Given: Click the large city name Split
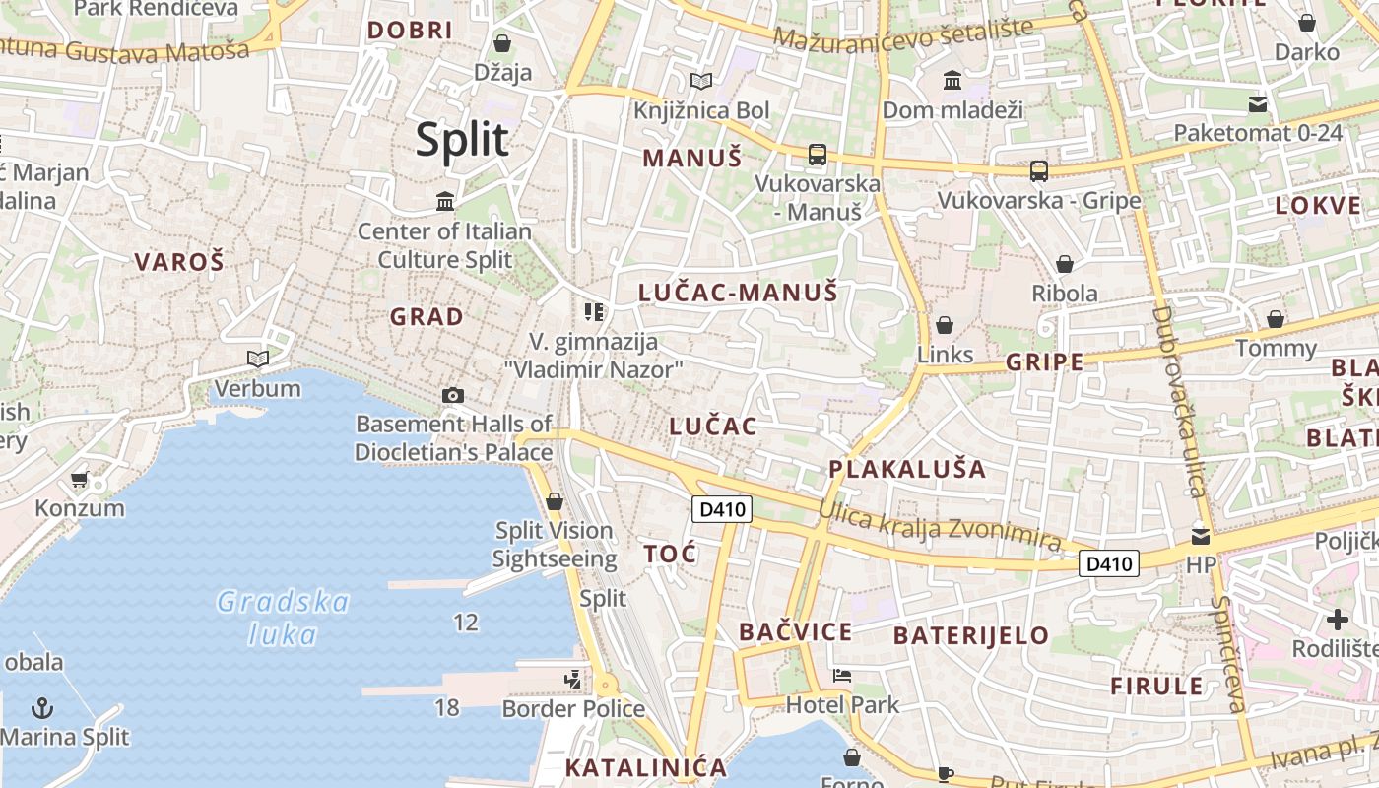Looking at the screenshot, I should pyautogui.click(x=462, y=140).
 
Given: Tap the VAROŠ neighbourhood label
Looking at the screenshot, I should pyautogui.click(x=179, y=262).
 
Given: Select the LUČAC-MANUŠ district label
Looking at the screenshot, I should pyautogui.click(x=738, y=293).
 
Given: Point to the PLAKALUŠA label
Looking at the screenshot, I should pyautogui.click(x=907, y=469).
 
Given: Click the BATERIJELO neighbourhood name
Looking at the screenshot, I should pyautogui.click(x=971, y=635).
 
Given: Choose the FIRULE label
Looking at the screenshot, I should pyautogui.click(x=1156, y=687).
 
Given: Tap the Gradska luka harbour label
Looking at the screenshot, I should pyautogui.click(x=283, y=618).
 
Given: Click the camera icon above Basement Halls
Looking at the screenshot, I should pyautogui.click(x=452, y=395).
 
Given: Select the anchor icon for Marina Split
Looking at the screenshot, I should pyautogui.click(x=42, y=707).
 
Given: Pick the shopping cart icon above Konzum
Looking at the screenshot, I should pyautogui.click(x=79, y=480).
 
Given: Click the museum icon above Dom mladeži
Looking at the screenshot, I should pyautogui.click(x=952, y=80).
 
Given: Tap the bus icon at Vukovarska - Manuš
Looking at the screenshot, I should pyautogui.click(x=818, y=154).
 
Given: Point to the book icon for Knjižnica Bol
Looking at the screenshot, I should pyautogui.click(x=701, y=81).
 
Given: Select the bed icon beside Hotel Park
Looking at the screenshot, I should pyautogui.click(x=842, y=676).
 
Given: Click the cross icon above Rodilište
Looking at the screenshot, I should pyautogui.click(x=1337, y=620).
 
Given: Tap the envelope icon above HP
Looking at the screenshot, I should pyautogui.click(x=1201, y=536).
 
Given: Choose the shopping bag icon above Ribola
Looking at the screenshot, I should pyautogui.click(x=1064, y=264).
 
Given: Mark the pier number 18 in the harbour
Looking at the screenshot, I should pyautogui.click(x=446, y=707).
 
